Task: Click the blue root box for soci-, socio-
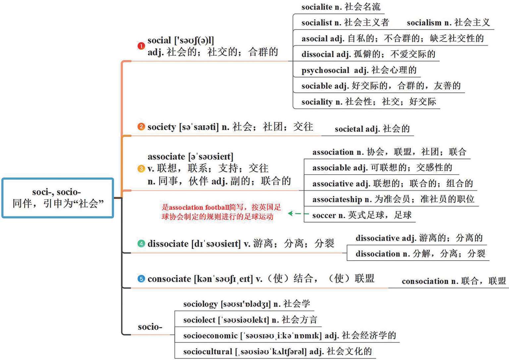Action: (58, 198)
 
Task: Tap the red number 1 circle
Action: (141, 46)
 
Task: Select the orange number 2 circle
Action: (141, 127)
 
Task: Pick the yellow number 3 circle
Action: (141, 169)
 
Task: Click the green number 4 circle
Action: (141, 244)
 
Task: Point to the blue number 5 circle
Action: (141, 279)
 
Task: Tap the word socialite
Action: (316, 7)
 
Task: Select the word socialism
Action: (424, 23)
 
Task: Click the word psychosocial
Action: (325, 70)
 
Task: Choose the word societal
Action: (349, 129)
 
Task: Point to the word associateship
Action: (337, 200)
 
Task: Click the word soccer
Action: (324, 215)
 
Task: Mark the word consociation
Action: (425, 281)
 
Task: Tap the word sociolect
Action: (199, 320)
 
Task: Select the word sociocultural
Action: (207, 351)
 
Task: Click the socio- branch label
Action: (150, 327)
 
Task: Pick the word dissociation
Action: (377, 254)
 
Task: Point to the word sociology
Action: (200, 304)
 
